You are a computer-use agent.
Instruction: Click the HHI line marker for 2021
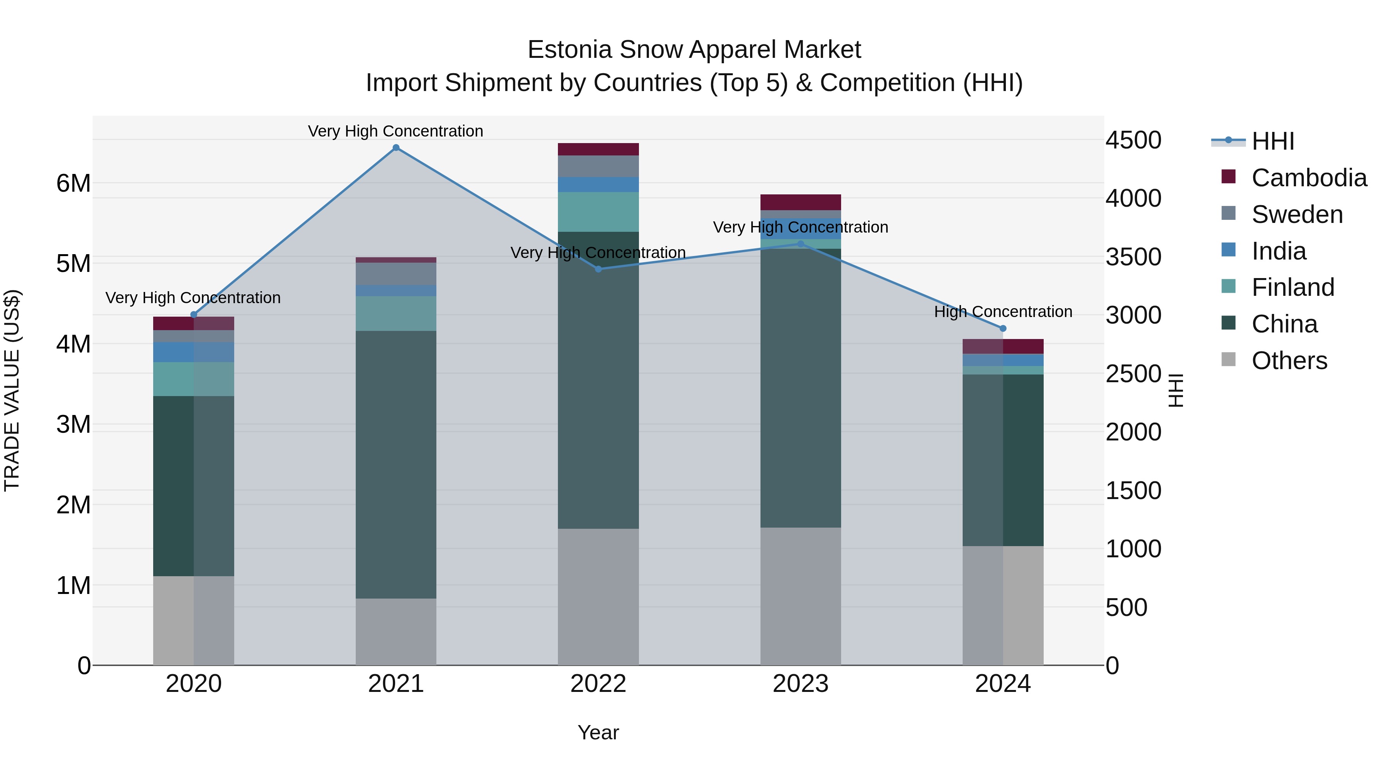tap(396, 148)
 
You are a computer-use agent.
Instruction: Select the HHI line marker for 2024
tap(1003, 328)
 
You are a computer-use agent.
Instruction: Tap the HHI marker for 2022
tap(598, 269)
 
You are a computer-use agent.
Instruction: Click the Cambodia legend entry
tap(1309, 178)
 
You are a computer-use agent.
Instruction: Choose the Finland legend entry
tap(1293, 287)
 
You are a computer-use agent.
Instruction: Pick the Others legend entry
tap(1289, 361)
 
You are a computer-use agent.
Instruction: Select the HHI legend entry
tap(1272, 141)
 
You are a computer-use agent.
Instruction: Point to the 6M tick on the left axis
tap(73, 183)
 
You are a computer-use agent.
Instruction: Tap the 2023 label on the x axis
tap(800, 684)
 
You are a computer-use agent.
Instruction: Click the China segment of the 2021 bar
tap(396, 464)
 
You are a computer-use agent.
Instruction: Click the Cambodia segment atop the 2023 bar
tap(800, 202)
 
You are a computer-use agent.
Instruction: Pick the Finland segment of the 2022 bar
tap(598, 212)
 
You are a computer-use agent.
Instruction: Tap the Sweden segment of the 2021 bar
tap(396, 274)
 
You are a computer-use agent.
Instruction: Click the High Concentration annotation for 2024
tap(1003, 312)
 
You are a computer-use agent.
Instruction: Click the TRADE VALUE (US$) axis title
tap(12, 390)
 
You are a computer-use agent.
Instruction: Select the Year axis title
tap(598, 732)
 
